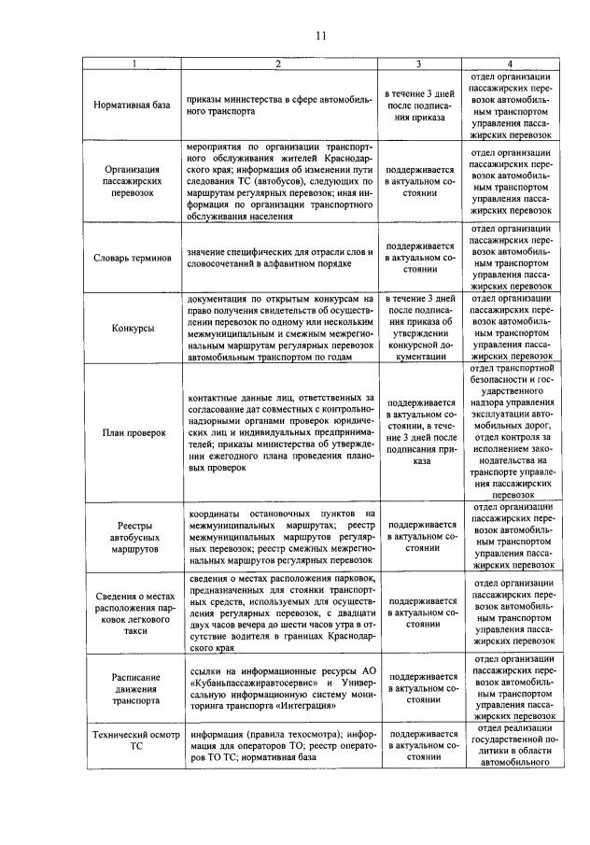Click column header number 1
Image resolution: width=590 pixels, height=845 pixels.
pos(132,63)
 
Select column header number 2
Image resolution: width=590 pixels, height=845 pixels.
pos(279,63)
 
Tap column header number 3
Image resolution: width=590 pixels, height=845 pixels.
pos(418,63)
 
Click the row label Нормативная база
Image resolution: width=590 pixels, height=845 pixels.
pos(132,105)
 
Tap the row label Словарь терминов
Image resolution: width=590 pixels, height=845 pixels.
pos(132,257)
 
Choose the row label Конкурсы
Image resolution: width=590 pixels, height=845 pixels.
pos(132,328)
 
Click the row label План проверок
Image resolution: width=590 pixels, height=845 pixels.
pos(132,432)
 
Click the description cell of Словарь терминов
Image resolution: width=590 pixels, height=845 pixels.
pos(279,257)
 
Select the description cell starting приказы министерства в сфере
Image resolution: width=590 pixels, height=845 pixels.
pos(279,105)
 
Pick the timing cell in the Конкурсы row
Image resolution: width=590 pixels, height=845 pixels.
pos(418,328)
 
